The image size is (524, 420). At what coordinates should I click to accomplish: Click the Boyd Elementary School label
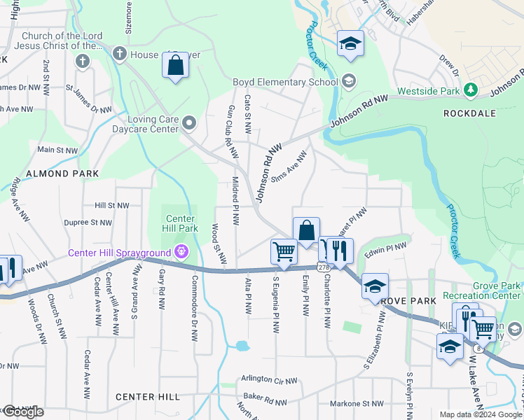(285, 83)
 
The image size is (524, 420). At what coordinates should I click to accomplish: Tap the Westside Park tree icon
(472, 90)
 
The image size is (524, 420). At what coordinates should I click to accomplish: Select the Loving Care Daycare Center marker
(189, 125)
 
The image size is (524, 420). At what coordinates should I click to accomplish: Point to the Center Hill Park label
(179, 222)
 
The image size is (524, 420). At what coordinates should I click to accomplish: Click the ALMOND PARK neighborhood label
(57, 173)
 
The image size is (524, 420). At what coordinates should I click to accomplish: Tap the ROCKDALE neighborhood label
(469, 113)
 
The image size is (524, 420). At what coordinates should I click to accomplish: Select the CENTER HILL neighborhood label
(148, 397)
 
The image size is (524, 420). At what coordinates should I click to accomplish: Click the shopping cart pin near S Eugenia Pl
(284, 251)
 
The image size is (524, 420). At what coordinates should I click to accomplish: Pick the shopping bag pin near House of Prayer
(174, 66)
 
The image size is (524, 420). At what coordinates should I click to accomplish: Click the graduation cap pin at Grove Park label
(375, 286)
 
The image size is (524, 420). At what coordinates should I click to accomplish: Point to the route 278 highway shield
(323, 267)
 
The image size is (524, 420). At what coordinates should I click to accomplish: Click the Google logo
(22, 412)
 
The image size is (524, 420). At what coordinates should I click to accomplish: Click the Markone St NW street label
(357, 403)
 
